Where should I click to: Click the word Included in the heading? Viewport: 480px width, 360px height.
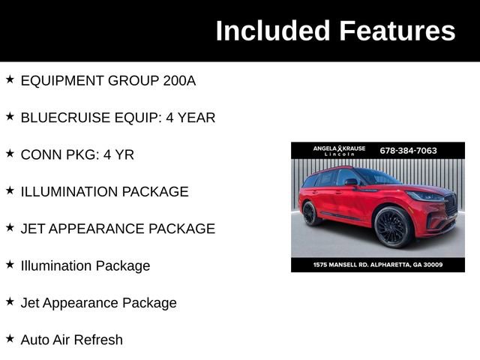(x=273, y=31)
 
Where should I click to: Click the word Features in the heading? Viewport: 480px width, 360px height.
(x=397, y=31)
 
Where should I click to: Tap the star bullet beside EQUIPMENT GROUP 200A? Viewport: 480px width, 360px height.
(x=10, y=79)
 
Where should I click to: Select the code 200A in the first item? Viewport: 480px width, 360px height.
(x=179, y=80)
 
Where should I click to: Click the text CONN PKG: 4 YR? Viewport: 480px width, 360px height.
(x=77, y=154)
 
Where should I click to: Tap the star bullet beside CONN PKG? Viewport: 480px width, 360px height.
(x=10, y=154)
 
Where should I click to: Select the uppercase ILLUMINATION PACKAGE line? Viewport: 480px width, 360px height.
(x=104, y=192)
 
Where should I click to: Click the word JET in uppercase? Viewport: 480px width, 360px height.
(x=34, y=229)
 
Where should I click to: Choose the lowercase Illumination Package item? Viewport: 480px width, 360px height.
(x=85, y=265)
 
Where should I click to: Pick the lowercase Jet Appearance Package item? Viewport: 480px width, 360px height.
(x=99, y=303)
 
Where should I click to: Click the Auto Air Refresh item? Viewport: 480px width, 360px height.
(x=72, y=340)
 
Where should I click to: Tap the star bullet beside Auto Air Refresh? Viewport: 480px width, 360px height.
(x=10, y=339)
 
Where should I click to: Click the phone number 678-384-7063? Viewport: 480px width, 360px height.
(x=408, y=150)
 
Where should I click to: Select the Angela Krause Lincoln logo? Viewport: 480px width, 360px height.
(x=339, y=150)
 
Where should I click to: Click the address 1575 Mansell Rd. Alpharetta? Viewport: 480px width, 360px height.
(x=378, y=264)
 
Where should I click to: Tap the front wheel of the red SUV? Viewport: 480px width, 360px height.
(x=391, y=227)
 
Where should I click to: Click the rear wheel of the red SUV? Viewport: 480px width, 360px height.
(x=311, y=213)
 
